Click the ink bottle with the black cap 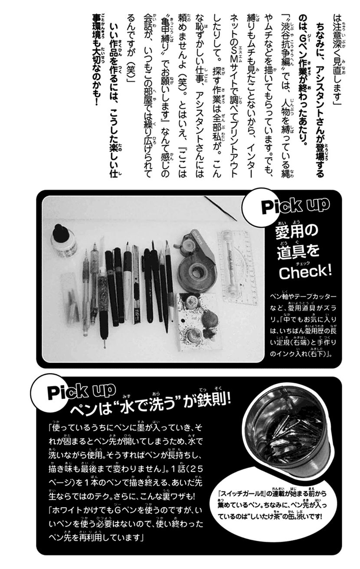63,241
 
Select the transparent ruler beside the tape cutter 236,268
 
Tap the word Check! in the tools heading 305,271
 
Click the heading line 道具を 298,252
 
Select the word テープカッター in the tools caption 312,297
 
